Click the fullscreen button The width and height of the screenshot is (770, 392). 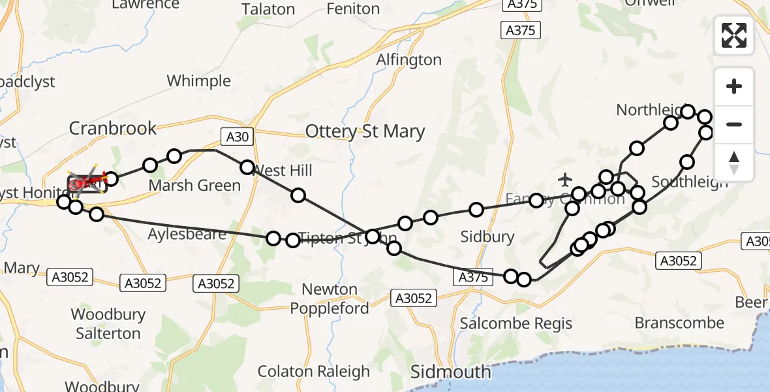click(x=734, y=35)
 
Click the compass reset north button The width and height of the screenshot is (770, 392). click(x=734, y=162)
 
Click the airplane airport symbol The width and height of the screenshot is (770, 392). click(x=566, y=178)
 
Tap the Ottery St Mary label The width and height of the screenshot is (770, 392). click(x=365, y=132)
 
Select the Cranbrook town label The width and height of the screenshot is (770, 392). click(x=113, y=127)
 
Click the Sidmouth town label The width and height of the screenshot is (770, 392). click(x=450, y=372)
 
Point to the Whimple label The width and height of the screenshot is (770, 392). click(x=198, y=81)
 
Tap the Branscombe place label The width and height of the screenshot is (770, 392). click(x=679, y=323)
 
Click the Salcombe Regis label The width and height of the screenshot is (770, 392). click(x=516, y=323)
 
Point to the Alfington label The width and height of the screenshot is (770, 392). click(x=409, y=59)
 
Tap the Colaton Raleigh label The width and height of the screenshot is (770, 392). click(x=313, y=372)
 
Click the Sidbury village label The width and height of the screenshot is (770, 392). click(x=487, y=237)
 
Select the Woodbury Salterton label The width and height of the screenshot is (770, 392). click(x=108, y=323)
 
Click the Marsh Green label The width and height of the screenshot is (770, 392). click(x=194, y=185)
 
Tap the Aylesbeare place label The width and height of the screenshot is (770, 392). click(x=187, y=234)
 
